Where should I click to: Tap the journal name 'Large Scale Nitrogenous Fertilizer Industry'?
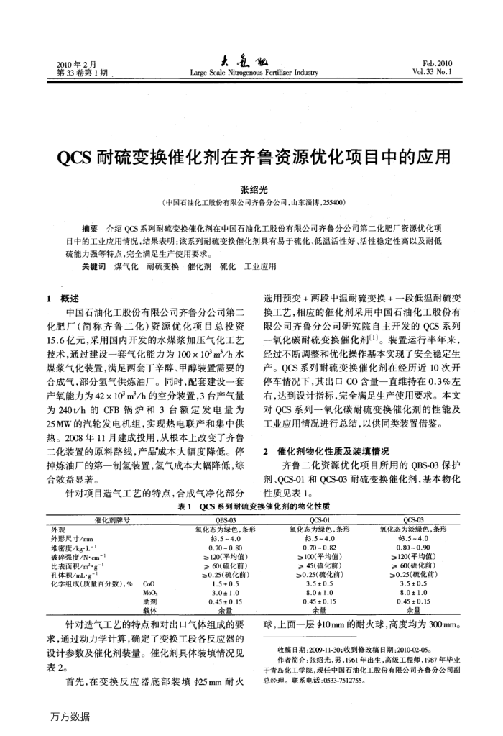(x=252, y=73)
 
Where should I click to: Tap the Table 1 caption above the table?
(x=252, y=506)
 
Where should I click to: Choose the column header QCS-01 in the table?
(x=319, y=518)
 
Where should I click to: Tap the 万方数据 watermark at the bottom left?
(x=70, y=717)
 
